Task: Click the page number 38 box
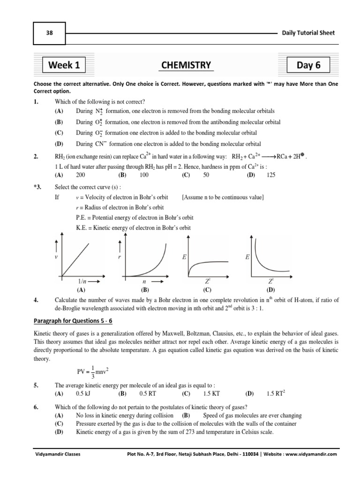click(49, 33)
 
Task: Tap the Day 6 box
click(308, 65)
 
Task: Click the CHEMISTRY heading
click(186, 65)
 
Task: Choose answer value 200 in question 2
click(81, 175)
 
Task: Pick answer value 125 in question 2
click(271, 175)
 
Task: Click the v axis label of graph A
click(56, 257)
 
